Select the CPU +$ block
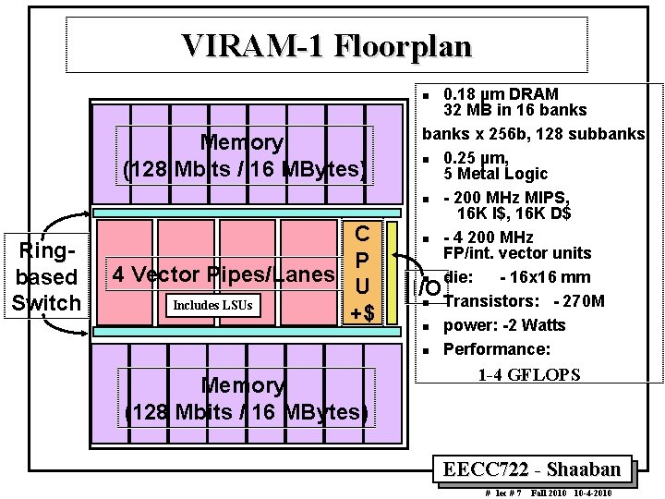[364, 273]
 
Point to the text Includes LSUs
[209, 304]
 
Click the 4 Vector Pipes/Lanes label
[223, 274]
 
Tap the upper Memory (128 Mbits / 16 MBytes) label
[243, 156]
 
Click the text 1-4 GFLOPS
[528, 374]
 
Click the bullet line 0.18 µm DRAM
[501, 94]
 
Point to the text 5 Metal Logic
[495, 174]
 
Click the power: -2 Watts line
[504, 324]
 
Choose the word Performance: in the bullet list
[497, 349]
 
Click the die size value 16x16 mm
[546, 276]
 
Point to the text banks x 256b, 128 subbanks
[533, 134]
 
